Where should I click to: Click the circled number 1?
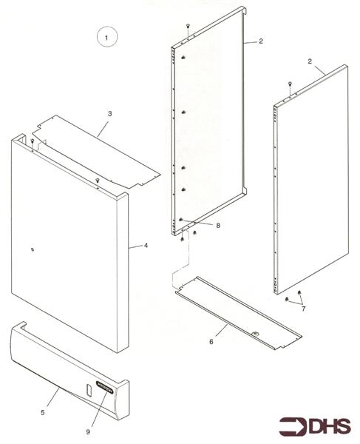click(x=106, y=36)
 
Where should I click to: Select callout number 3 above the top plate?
click(x=109, y=114)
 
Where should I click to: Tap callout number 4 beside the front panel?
click(x=146, y=245)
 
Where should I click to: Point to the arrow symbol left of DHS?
click(x=295, y=427)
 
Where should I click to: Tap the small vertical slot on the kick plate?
click(x=87, y=390)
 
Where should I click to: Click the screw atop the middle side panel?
click(x=191, y=27)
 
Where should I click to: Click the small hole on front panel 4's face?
click(x=32, y=249)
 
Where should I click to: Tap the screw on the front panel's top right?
click(x=97, y=180)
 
